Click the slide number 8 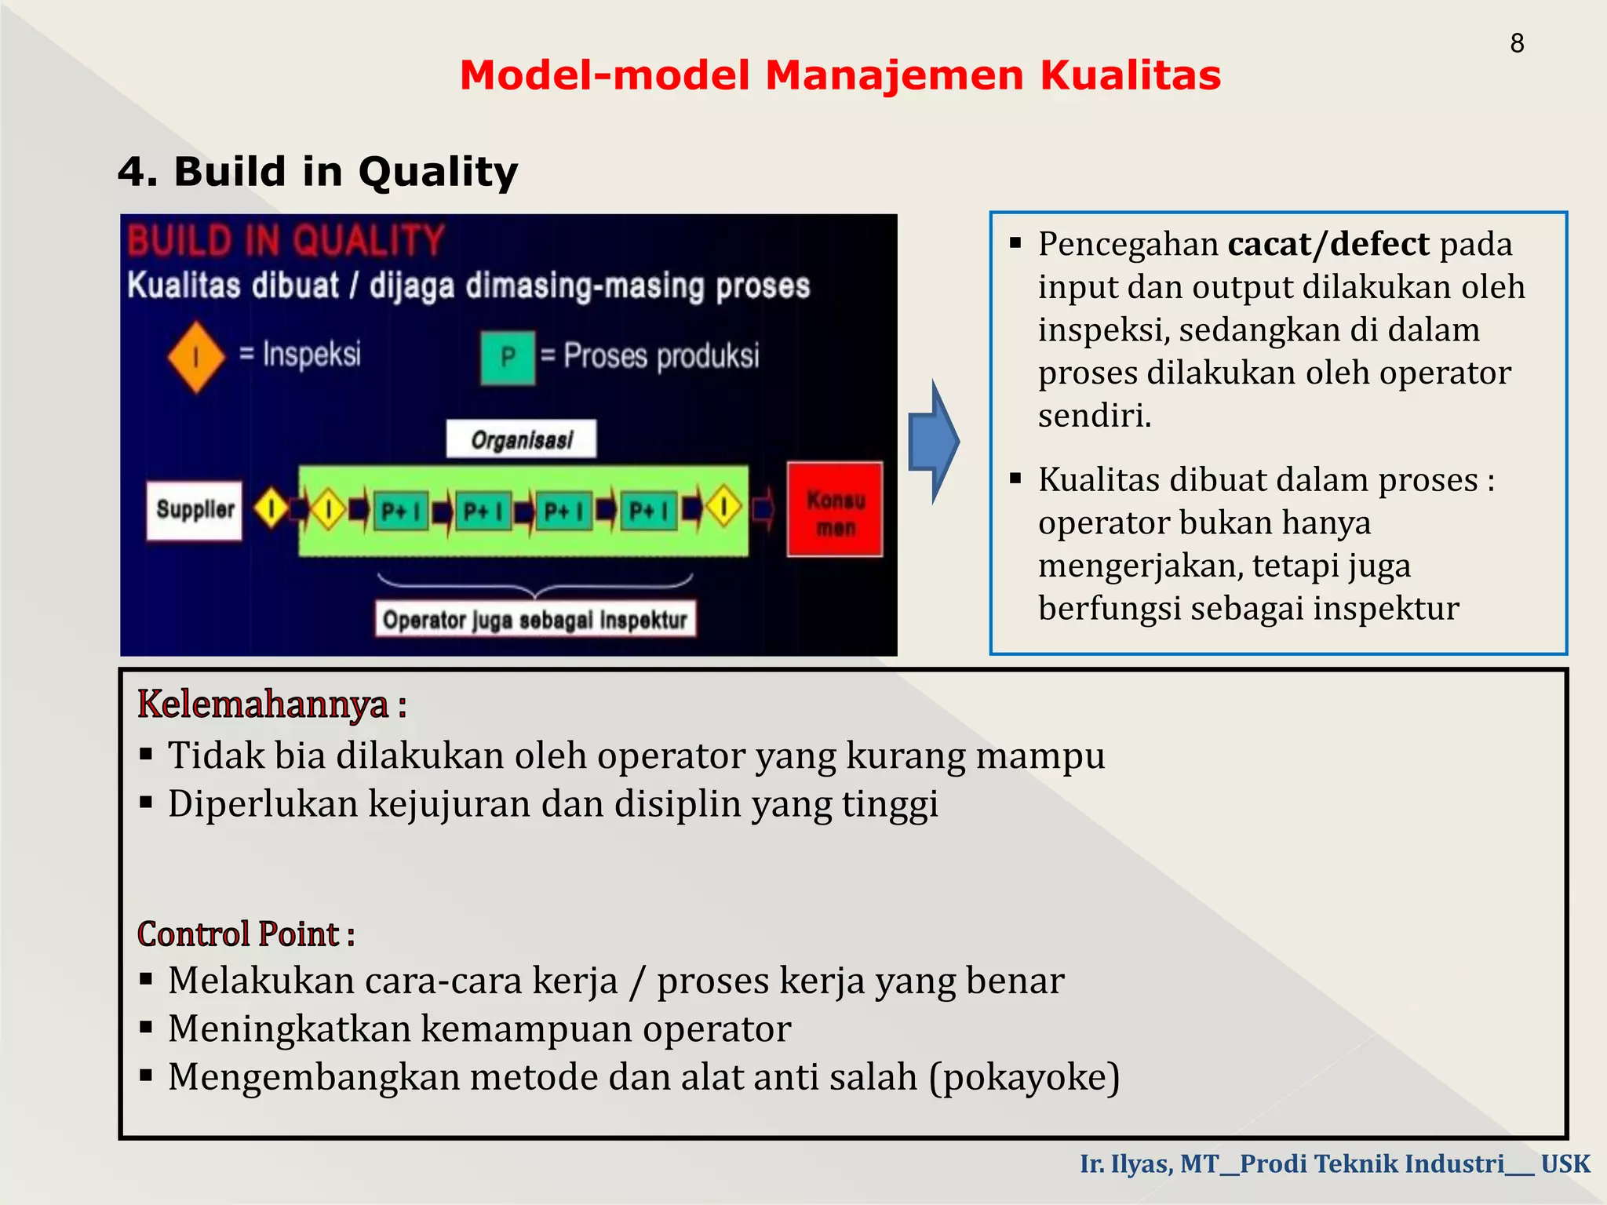(1516, 43)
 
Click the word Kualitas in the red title (1130, 76)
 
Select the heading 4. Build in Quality (318, 172)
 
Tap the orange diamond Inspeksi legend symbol (196, 357)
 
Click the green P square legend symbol (508, 358)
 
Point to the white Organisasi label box (521, 439)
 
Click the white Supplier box (195, 510)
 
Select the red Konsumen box (835, 510)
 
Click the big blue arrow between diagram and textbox (933, 441)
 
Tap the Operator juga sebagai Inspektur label (535, 620)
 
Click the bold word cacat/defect (1328, 244)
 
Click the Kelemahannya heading (271, 704)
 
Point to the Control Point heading (246, 934)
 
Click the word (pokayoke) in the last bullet (1024, 1077)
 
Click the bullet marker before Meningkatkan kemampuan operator (146, 1028)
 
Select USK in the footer (1565, 1163)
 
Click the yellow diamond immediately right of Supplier (271, 508)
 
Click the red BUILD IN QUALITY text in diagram (286, 240)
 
